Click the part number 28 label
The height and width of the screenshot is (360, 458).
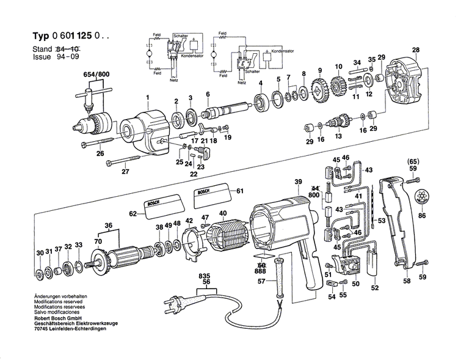[415, 50]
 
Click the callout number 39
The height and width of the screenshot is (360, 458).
[298, 183]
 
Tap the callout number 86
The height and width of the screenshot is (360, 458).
[423, 216]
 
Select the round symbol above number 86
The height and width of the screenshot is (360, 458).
[422, 197]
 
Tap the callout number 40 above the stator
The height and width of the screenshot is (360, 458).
[223, 213]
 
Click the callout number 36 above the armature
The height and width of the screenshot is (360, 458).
[109, 225]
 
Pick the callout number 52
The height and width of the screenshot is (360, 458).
[375, 287]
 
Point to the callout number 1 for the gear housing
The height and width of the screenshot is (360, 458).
[147, 98]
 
